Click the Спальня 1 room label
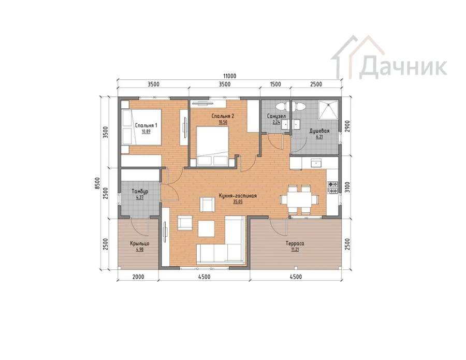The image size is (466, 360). click(146, 125)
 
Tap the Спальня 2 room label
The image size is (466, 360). click(223, 116)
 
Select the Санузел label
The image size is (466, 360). click(276, 116)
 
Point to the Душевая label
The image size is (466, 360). click(319, 131)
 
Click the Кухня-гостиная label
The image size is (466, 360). click(238, 196)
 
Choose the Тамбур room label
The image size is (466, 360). click(140, 191)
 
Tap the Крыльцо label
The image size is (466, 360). click(140, 243)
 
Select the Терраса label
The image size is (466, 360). click(295, 243)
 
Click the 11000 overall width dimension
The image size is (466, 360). click(230, 76)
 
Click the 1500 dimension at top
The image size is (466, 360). click(275, 84)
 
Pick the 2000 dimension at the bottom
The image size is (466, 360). click(138, 277)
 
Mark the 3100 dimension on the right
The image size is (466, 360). click(348, 187)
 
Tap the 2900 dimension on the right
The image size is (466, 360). click(348, 126)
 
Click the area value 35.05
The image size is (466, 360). click(238, 201)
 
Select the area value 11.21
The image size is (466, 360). click(295, 249)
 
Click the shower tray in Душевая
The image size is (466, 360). click(328, 110)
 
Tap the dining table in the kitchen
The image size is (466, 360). click(300, 199)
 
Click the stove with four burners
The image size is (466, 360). click(332, 188)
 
